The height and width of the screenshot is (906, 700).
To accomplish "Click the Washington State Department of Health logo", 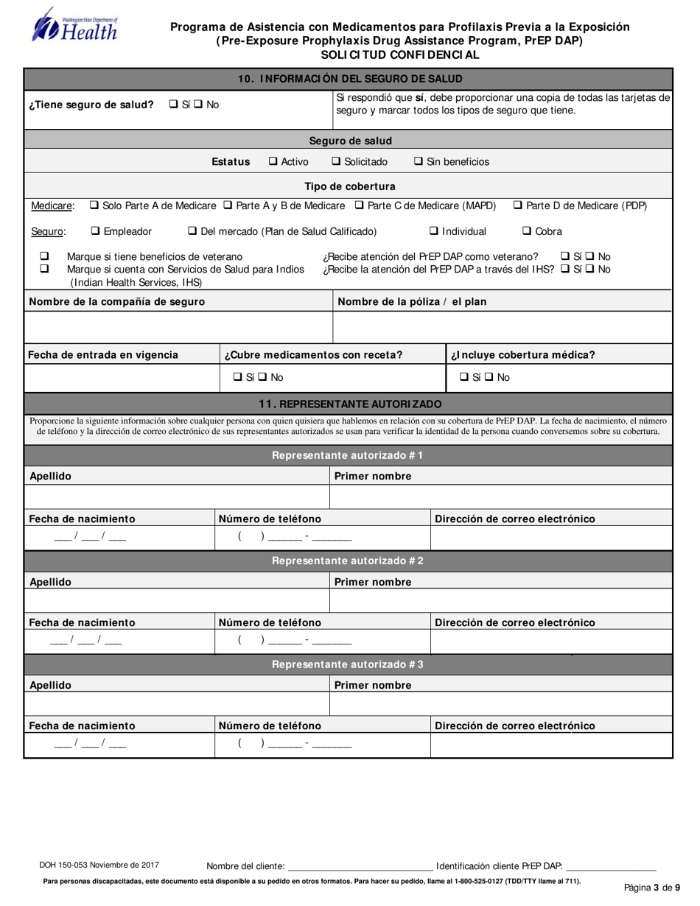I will (74, 26).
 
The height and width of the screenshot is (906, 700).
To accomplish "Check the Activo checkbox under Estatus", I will (273, 162).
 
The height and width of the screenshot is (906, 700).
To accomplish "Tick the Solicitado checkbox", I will (336, 162).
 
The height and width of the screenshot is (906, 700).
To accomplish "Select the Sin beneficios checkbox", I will (419, 162).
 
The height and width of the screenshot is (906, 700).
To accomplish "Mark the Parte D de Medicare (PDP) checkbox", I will (517, 206).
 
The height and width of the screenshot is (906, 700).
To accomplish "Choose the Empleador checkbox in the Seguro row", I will (95, 231).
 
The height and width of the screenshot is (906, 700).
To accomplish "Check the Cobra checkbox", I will (527, 231).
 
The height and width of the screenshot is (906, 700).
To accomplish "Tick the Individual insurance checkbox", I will (435, 231).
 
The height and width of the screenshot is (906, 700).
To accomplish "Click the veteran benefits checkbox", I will (44, 256).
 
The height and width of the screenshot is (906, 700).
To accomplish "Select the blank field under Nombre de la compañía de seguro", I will (178, 328).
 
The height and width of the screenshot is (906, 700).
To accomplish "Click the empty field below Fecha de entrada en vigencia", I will (122, 377).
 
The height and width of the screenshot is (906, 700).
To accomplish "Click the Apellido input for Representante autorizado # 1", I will (176, 497).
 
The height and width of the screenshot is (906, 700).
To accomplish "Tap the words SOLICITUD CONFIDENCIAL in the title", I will (400, 55).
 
